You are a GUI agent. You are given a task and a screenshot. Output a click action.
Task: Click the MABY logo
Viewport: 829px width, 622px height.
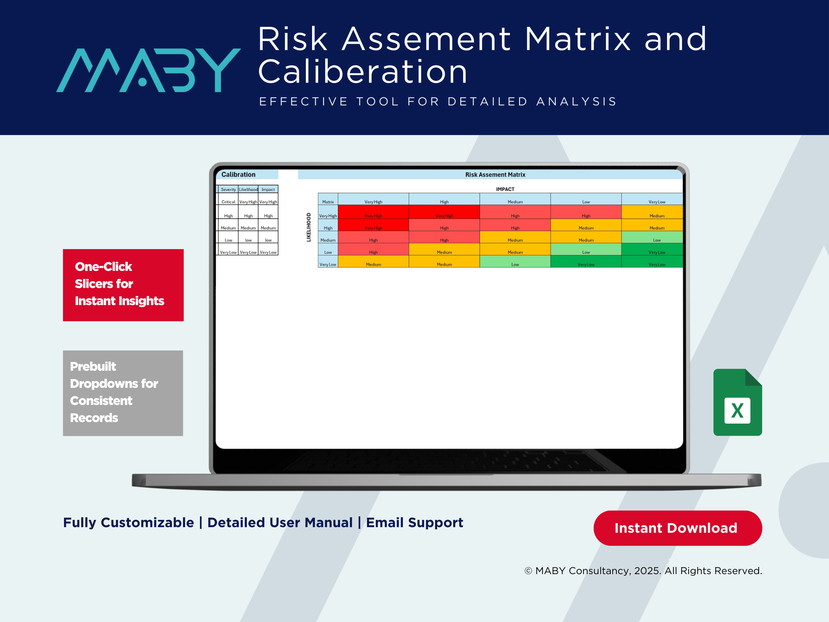click(x=148, y=70)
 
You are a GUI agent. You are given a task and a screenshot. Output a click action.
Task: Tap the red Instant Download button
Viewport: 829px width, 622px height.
click(x=678, y=528)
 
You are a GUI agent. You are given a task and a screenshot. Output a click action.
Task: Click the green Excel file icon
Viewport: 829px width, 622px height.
click(x=738, y=402)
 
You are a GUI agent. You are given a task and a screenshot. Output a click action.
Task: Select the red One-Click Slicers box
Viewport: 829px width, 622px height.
click(x=123, y=285)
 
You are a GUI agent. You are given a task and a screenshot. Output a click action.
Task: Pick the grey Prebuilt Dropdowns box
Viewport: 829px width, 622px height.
click(x=123, y=393)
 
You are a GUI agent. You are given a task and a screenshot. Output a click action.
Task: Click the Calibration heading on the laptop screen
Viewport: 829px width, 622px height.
click(x=238, y=174)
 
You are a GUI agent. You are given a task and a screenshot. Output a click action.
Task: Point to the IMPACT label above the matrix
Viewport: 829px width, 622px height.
click(x=505, y=189)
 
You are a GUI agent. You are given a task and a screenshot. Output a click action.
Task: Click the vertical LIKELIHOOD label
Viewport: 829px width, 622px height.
click(x=309, y=227)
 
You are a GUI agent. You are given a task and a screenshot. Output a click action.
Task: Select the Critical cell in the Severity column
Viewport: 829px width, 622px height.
click(x=228, y=202)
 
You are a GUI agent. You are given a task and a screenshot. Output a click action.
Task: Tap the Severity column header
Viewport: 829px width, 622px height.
click(x=228, y=189)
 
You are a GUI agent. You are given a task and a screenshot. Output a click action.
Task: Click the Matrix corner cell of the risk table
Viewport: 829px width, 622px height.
click(x=328, y=202)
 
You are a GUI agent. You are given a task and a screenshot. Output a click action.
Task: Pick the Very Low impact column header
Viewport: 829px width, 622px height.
click(x=657, y=202)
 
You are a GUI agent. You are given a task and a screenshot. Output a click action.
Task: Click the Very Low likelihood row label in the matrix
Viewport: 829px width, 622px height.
click(x=328, y=264)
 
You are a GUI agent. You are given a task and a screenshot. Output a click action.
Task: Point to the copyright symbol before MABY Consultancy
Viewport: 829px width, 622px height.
click(x=528, y=571)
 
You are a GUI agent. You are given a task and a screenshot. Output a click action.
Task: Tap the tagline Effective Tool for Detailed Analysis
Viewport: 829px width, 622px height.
click(x=438, y=102)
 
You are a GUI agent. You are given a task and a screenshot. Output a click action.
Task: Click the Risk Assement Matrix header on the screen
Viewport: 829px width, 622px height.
click(x=495, y=175)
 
